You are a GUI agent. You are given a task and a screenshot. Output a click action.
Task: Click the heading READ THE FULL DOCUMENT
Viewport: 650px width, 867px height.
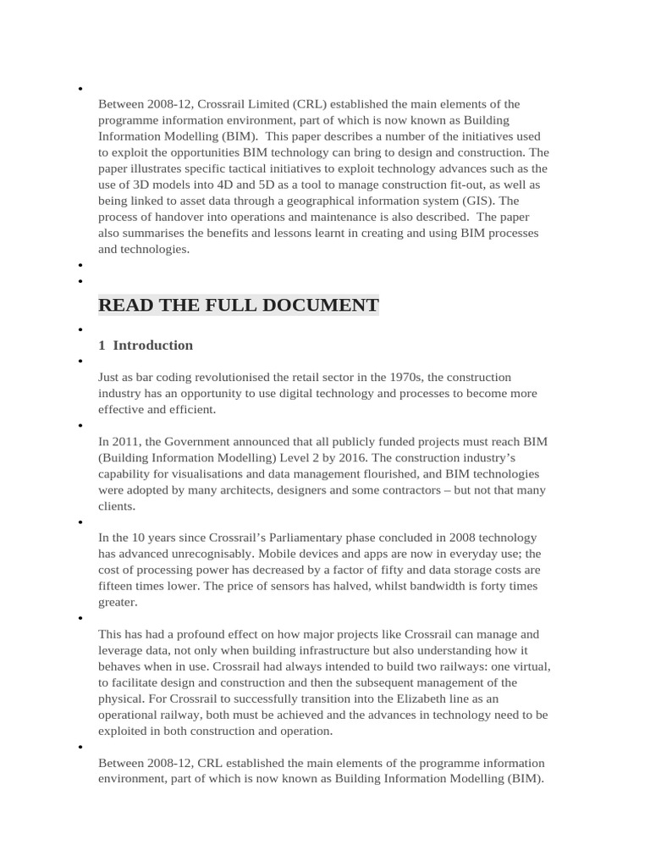[238, 306]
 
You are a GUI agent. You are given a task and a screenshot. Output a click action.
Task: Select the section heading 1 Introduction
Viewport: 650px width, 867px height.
[146, 345]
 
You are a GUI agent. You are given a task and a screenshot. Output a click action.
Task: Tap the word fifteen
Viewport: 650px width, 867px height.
[118, 586]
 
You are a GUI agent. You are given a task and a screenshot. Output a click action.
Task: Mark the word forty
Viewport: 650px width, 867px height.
[490, 586]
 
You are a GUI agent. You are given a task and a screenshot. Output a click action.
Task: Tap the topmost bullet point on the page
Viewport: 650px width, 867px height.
[80, 89]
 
